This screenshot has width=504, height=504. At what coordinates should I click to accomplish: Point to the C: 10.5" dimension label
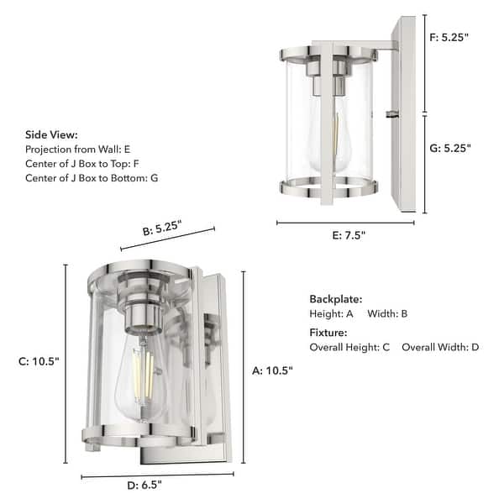[39, 362]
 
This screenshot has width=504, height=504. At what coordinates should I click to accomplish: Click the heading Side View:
[51, 134]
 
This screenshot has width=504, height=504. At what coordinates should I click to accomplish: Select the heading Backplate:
[335, 299]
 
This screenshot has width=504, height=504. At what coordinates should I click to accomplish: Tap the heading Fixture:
[328, 333]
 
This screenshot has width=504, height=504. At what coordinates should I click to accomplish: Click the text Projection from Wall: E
[79, 149]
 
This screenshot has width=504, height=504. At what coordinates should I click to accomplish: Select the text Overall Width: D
[440, 347]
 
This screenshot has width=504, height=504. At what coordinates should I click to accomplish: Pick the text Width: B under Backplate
[387, 313]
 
